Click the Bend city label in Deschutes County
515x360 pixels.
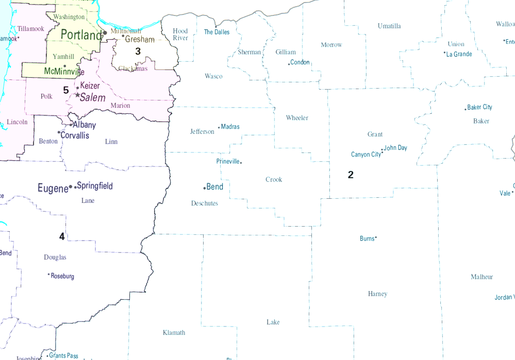214,186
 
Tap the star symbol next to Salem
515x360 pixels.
77,95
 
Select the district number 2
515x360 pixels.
351,175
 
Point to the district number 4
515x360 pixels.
62,236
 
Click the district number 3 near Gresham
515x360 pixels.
138,51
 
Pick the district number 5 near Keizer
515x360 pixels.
66,90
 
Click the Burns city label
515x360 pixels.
367,238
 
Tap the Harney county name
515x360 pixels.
377,294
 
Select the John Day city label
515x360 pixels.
395,148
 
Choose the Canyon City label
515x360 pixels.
366,155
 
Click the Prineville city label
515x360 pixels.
228,161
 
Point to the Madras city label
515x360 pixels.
230,127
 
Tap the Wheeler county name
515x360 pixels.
297,118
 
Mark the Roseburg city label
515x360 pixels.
62,276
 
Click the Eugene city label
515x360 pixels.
53,188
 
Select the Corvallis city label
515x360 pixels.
75,135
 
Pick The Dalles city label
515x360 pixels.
217,32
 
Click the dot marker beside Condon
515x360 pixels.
289,64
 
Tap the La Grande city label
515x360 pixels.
459,54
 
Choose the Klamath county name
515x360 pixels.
174,333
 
